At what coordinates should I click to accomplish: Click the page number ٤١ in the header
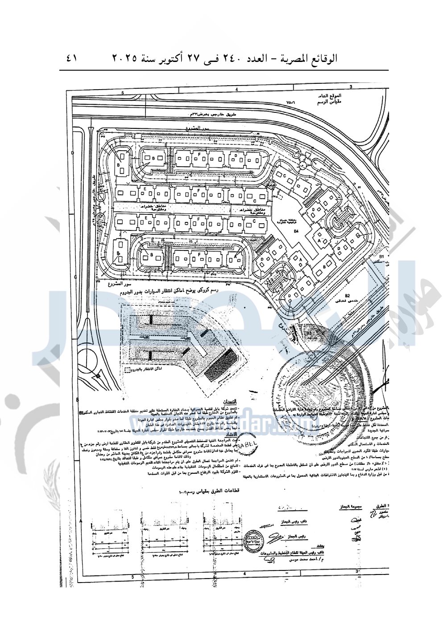point(71,58)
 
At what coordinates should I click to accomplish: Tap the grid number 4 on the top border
point(236,90)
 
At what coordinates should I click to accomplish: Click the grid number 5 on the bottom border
point(133,577)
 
